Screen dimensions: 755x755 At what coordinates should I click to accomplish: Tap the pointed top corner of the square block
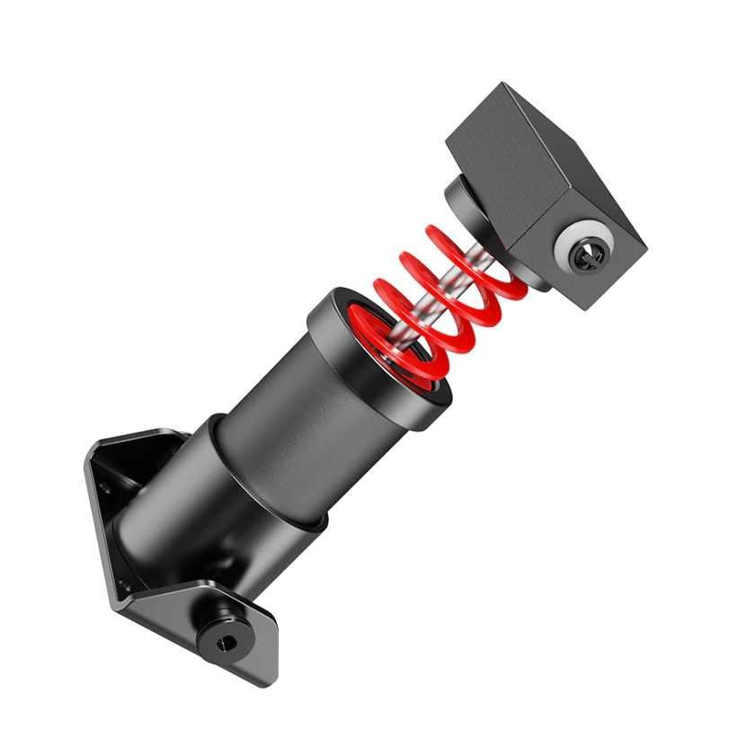click(501, 86)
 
